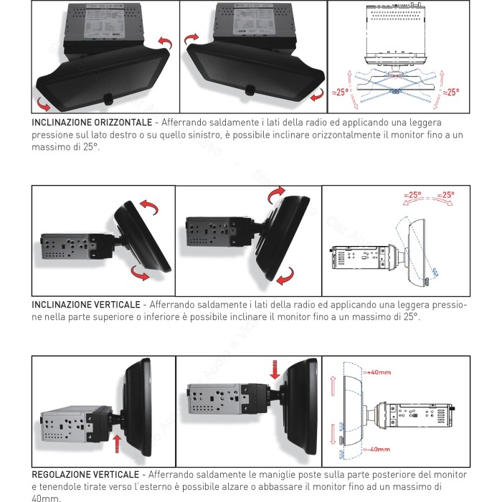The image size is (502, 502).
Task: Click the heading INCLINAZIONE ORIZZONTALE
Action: pos(91,122)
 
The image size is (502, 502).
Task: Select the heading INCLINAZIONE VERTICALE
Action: pos(86,305)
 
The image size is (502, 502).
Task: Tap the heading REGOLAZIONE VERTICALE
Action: pos(86,475)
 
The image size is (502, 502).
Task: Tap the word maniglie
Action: pos(263,475)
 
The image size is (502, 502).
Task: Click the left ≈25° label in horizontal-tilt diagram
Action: pos(341,93)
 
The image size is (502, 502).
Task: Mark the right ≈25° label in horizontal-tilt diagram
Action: pos(450,93)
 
